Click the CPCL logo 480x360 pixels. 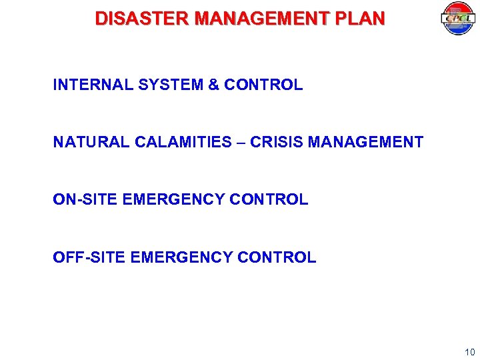click(x=457, y=19)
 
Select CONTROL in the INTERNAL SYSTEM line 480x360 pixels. click(x=263, y=85)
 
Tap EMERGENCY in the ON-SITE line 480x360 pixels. click(x=170, y=199)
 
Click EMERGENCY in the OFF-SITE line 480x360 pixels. click(x=179, y=257)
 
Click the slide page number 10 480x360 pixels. click(x=469, y=351)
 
